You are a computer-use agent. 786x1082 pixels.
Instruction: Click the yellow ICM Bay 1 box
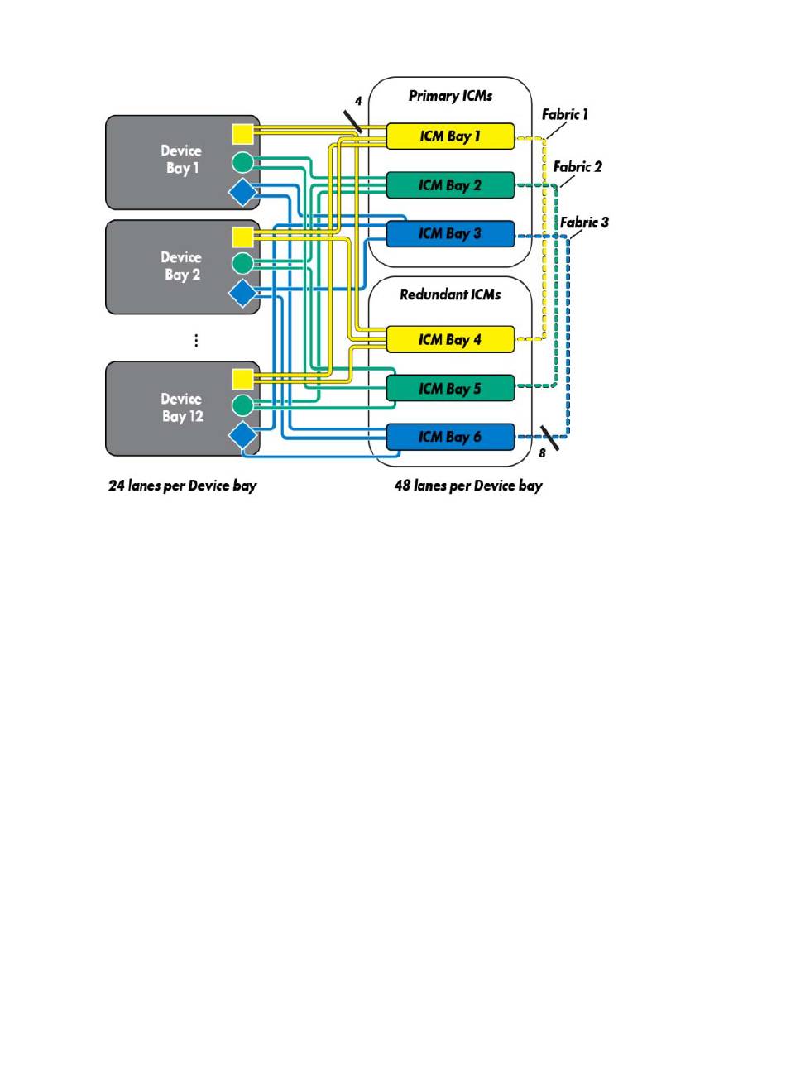450,136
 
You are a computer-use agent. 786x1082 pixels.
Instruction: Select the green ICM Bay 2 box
450,185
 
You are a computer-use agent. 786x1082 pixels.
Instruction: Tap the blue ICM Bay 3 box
450,234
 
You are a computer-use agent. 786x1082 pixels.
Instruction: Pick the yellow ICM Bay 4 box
450,339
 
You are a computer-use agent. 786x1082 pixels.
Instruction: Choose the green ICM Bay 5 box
450,388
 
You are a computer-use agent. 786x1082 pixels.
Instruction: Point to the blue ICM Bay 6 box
450,437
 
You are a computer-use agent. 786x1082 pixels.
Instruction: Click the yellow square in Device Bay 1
242,134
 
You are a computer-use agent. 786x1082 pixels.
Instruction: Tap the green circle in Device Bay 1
242,163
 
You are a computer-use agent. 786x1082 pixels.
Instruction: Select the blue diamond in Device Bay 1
242,192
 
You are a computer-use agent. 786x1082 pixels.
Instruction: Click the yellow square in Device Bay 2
242,237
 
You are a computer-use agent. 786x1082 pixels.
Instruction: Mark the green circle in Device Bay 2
242,264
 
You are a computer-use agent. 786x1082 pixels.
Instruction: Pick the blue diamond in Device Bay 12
242,435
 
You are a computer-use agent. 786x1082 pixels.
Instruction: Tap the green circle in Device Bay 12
242,405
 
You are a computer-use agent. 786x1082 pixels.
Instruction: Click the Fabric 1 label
565,114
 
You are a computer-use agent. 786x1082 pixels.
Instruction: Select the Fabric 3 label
585,223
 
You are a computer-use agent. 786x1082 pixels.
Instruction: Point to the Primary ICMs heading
450,96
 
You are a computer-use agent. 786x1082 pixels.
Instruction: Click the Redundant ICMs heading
450,294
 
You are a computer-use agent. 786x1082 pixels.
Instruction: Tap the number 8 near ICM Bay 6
542,453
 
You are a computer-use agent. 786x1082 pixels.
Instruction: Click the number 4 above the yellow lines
358,101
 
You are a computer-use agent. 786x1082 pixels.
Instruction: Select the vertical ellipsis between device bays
196,341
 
